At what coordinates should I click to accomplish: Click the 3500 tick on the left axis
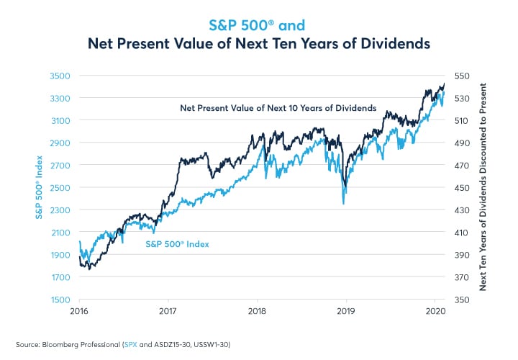[60, 76]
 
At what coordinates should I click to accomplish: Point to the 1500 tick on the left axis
[60, 300]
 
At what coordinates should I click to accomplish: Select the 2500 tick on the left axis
[60, 188]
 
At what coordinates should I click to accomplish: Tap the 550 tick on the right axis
[460, 76]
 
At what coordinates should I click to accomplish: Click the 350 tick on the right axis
[460, 300]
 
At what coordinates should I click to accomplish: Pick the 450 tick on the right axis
[460, 188]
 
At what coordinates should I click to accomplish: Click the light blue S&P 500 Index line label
[178, 244]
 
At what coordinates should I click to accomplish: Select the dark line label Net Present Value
[278, 108]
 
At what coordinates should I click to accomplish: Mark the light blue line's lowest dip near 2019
[343, 204]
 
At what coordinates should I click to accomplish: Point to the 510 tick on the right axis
[460, 120]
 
